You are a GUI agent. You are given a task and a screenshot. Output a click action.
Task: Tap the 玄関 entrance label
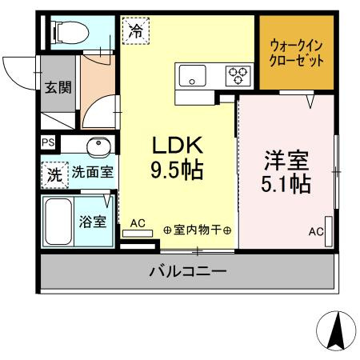(58, 87)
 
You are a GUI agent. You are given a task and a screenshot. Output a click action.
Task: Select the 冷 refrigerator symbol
(136, 31)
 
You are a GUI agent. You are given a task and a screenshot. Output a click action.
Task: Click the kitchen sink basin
(193, 76)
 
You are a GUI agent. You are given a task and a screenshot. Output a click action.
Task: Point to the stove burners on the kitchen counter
(238, 76)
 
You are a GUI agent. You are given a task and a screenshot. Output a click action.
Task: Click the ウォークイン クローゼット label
(297, 52)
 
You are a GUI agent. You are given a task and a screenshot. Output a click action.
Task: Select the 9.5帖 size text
(178, 170)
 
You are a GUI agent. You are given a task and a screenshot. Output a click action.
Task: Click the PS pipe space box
(47, 144)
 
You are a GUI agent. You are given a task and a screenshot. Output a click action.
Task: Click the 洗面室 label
(94, 172)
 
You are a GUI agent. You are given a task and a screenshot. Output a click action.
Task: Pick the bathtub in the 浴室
(59, 222)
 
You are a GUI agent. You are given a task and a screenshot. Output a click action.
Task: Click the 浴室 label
(94, 221)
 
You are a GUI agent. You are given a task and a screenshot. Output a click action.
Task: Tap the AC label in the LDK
(138, 224)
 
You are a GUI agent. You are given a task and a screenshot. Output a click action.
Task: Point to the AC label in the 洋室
(317, 232)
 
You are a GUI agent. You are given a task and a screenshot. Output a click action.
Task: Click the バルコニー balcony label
(187, 272)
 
